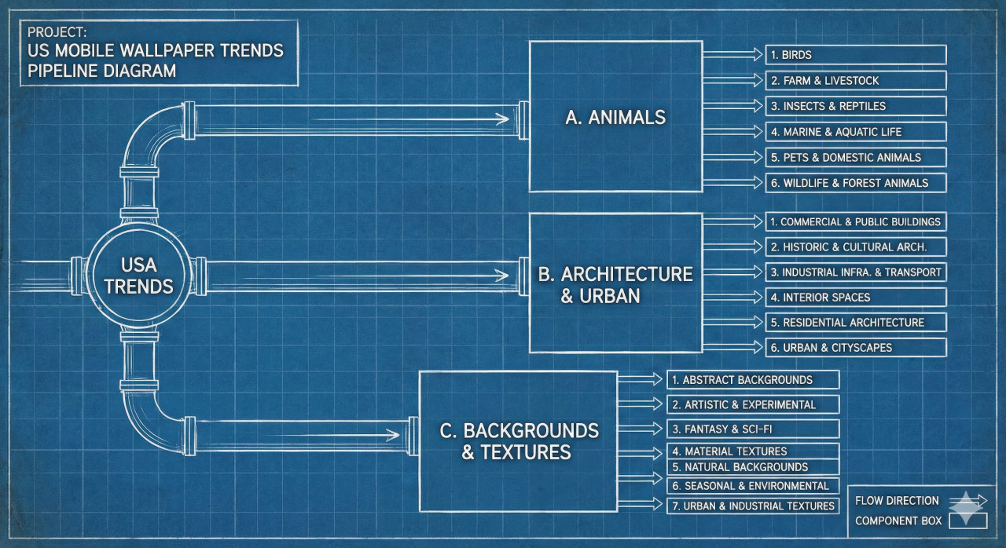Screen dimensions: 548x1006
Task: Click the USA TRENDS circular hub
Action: coord(138,275)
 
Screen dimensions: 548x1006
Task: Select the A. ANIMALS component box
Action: coord(615,117)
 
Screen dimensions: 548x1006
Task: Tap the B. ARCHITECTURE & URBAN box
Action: coord(615,283)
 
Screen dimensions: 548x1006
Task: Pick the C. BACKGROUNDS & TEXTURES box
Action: coord(518,441)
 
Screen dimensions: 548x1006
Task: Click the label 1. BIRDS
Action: coord(855,55)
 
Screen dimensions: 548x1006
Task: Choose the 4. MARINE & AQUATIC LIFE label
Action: coord(855,132)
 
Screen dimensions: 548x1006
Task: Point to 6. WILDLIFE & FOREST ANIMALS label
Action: coord(855,183)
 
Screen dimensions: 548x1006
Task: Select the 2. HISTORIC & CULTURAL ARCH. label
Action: coord(855,247)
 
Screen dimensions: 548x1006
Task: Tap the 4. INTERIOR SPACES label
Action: coord(855,298)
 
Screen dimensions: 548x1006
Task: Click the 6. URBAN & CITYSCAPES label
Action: coord(855,347)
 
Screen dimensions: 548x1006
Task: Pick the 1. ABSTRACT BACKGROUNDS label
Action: coord(753,380)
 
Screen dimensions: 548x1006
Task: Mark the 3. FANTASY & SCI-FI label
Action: coord(753,429)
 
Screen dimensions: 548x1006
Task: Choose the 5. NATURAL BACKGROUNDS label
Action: coord(753,467)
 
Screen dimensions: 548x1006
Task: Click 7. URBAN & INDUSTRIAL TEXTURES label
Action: coord(753,506)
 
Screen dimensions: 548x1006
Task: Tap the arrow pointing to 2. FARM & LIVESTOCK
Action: coord(732,80)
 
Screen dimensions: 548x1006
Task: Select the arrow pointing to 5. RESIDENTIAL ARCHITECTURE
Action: coord(732,322)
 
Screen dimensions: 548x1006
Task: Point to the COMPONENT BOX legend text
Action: coord(897,521)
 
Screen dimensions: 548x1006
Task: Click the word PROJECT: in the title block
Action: coord(57,33)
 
